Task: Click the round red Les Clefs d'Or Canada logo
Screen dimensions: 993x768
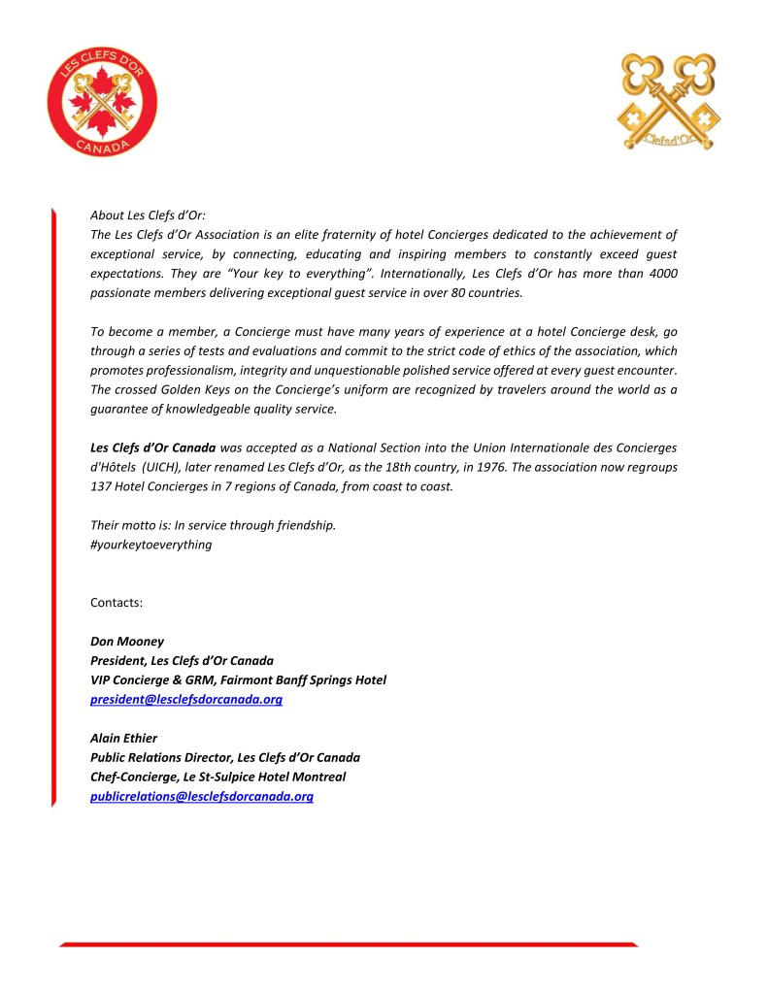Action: (x=102, y=101)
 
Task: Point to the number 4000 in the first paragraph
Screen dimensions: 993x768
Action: (x=659, y=274)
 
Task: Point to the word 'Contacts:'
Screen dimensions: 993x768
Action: (x=117, y=603)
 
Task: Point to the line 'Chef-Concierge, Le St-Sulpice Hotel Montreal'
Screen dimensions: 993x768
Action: (x=217, y=778)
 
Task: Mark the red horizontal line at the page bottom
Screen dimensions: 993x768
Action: (x=349, y=943)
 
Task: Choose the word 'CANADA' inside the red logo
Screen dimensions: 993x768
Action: (x=102, y=145)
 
